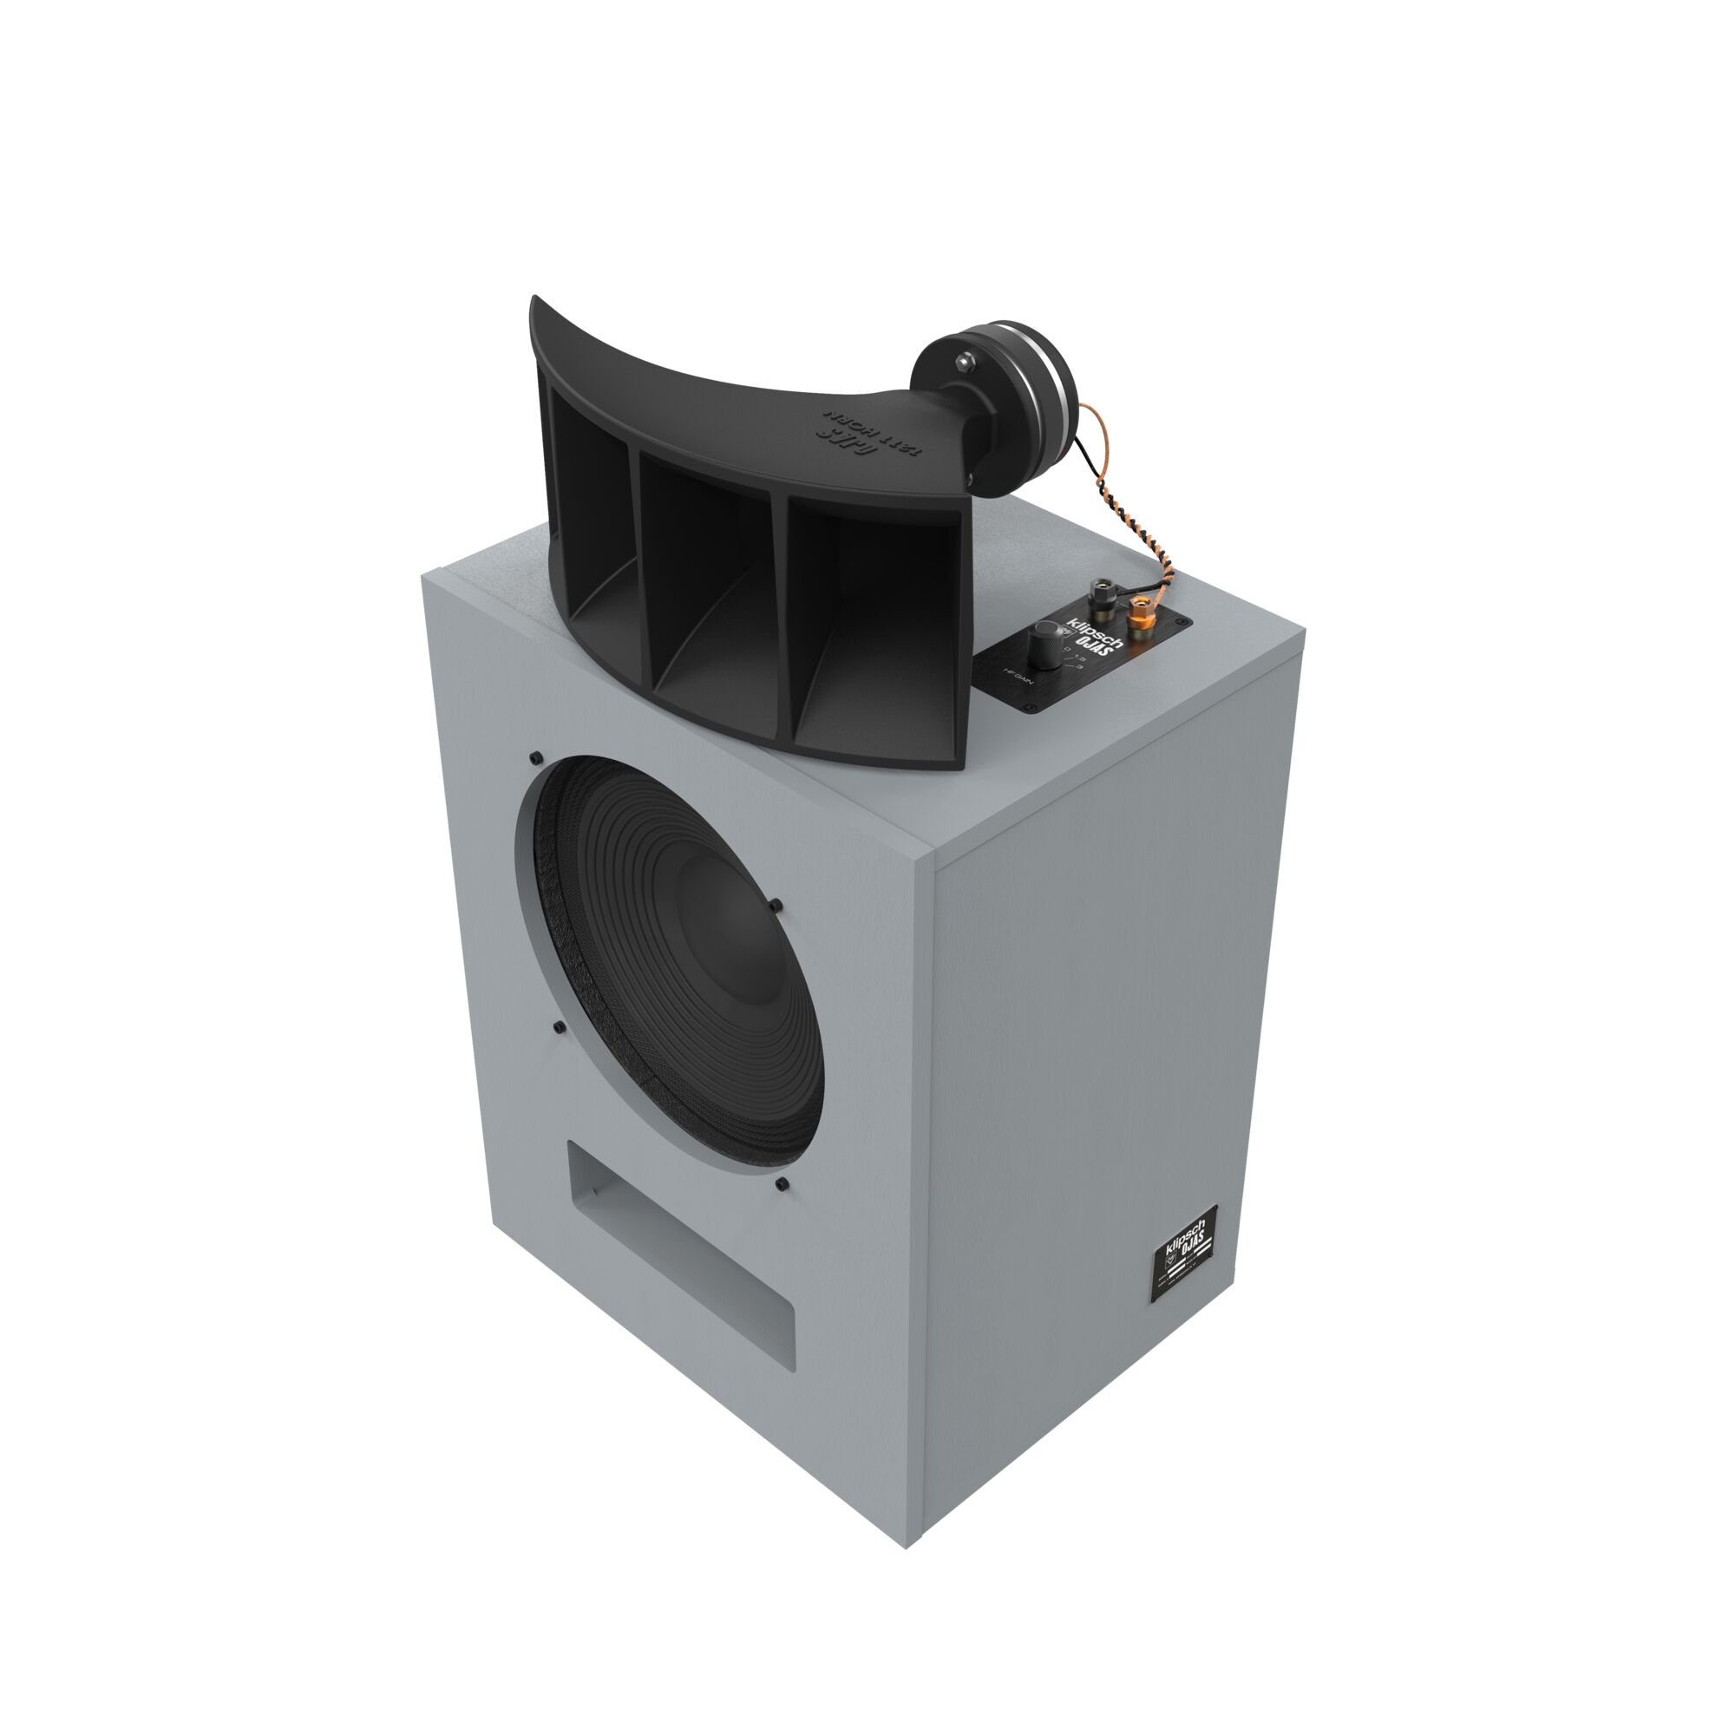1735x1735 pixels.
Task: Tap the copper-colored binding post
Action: pos(1140,617)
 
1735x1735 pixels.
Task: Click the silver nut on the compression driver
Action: pos(964,361)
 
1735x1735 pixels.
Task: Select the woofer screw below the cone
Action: pos(782,1184)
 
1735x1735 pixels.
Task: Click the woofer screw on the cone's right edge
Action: pos(776,905)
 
